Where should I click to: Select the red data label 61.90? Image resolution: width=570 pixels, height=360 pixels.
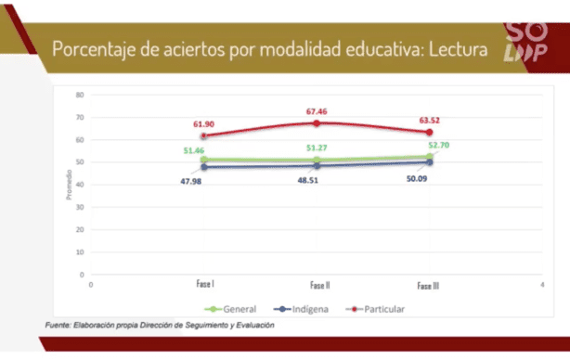[x=204, y=123]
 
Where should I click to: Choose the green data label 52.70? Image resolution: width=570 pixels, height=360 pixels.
[x=440, y=146]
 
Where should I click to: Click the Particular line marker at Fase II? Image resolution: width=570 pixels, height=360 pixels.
[x=317, y=123]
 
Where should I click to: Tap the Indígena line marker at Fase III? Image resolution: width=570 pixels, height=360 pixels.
[x=430, y=162]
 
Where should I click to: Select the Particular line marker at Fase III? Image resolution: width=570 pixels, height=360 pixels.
[x=430, y=132]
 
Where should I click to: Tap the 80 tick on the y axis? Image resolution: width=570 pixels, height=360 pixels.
[x=81, y=95]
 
